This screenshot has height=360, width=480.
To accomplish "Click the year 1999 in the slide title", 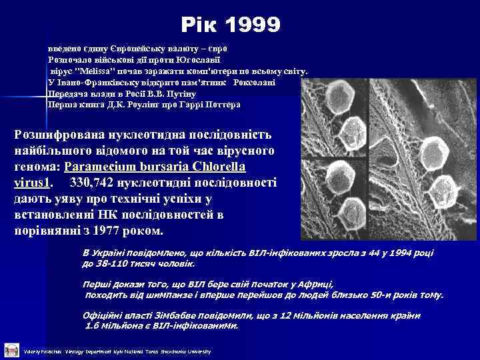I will [253, 26].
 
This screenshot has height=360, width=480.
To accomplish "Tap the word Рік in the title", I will [199, 26].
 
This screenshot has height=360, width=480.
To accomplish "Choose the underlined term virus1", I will [32, 181].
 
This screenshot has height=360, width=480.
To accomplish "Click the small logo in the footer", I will [10, 349].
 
